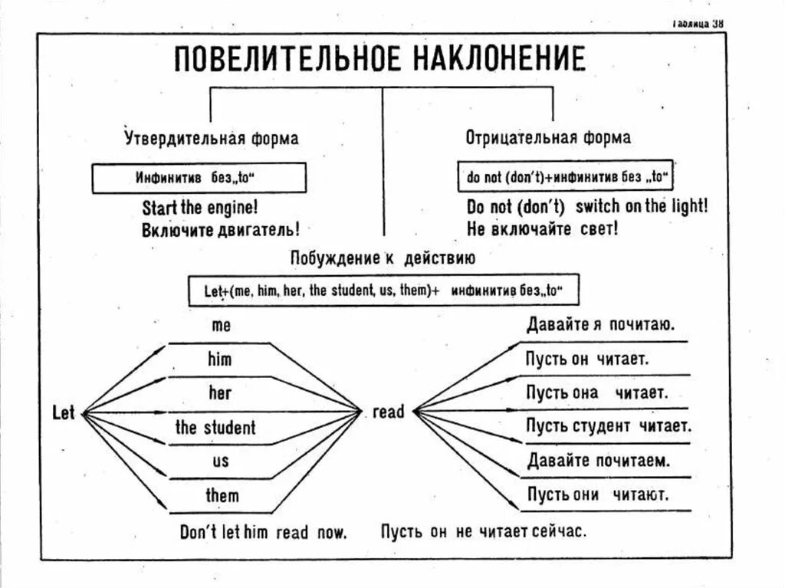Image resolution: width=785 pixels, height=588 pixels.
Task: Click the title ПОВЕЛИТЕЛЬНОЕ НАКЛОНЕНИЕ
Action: click(x=379, y=59)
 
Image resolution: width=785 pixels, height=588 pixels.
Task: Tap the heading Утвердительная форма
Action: click(x=212, y=139)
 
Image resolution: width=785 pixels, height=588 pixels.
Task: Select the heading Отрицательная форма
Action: click(x=548, y=138)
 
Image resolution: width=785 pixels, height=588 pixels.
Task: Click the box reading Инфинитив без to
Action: click(x=199, y=179)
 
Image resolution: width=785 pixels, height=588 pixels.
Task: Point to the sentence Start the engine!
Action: click(x=199, y=207)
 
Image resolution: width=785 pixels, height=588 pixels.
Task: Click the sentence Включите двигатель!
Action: click(x=220, y=229)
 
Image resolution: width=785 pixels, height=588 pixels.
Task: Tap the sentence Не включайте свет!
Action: click(x=542, y=228)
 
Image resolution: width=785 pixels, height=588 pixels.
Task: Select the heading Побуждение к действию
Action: click(x=383, y=258)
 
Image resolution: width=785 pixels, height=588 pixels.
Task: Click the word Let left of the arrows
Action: click(x=64, y=413)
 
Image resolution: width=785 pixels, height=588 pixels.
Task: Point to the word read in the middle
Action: click(x=388, y=412)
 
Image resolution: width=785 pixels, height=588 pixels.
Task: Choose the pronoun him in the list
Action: click(x=219, y=359)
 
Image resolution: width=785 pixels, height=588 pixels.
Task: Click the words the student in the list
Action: click(x=215, y=427)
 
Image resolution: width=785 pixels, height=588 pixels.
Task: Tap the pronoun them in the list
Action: click(x=222, y=495)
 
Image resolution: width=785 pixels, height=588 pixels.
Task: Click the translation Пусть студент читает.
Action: click(x=609, y=425)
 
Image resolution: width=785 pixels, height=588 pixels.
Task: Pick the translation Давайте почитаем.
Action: click(x=599, y=461)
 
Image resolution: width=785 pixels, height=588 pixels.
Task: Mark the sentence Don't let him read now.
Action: click(x=264, y=531)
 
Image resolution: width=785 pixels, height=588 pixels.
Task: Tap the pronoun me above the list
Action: click(x=221, y=325)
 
